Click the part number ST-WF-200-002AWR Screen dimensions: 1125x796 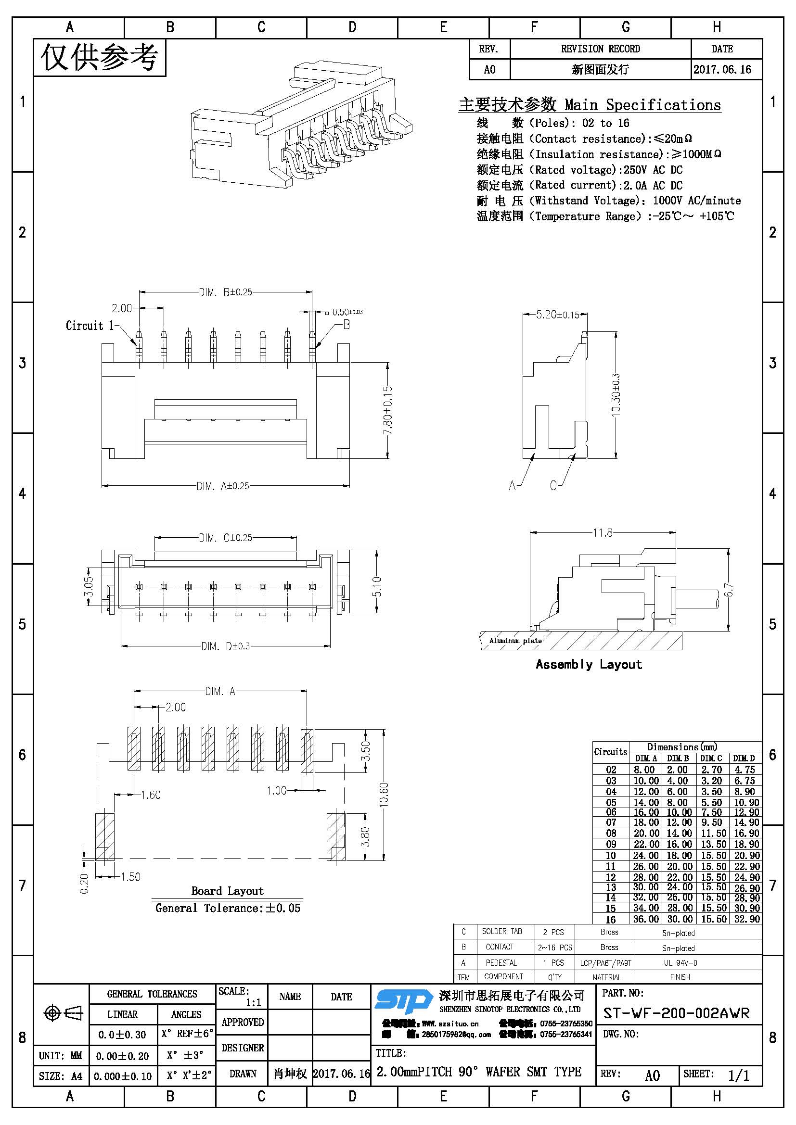pyautogui.click(x=676, y=1013)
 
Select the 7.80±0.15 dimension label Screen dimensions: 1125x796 pyautogui.click(x=388, y=410)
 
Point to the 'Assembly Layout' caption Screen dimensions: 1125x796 pyautogui.click(x=588, y=664)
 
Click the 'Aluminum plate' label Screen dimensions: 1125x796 pyautogui.click(x=515, y=640)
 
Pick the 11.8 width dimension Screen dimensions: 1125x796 pyautogui.click(x=603, y=532)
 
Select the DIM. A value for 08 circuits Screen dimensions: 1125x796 pyautogui.click(x=646, y=833)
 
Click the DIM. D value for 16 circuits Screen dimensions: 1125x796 pyautogui.click(x=747, y=919)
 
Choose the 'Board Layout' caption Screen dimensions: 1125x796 pyautogui.click(x=227, y=891)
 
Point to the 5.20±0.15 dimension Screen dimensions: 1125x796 pyautogui.click(x=557, y=315)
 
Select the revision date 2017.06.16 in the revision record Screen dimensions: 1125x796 pyautogui.click(x=722, y=70)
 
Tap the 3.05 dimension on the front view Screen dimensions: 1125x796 pyautogui.click(x=89, y=586)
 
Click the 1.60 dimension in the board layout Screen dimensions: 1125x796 pyautogui.click(x=151, y=795)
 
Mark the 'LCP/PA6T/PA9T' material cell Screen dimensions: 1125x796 pyautogui.click(x=605, y=963)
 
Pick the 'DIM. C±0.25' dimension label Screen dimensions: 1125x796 pyautogui.click(x=225, y=538)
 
